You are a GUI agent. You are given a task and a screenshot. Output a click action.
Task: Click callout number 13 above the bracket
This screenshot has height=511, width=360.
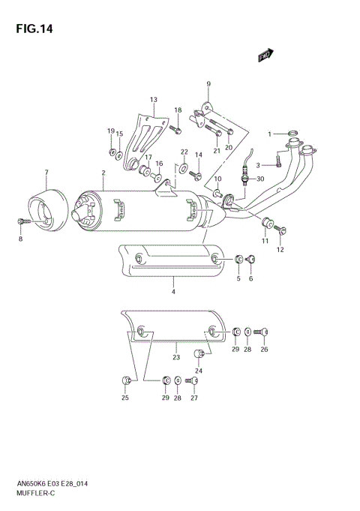click(153, 100)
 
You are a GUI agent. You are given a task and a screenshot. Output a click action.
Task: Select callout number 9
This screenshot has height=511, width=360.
click(208, 83)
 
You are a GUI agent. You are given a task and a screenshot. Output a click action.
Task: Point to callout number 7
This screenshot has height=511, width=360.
click(46, 173)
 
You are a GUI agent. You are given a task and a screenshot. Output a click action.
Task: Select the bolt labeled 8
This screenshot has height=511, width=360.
click(22, 222)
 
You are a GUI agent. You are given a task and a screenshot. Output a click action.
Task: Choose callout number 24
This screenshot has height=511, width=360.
click(199, 370)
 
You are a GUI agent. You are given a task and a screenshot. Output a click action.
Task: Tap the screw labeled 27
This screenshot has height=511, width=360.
click(193, 382)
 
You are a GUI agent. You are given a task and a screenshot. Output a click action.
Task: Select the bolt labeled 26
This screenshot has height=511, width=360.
click(262, 331)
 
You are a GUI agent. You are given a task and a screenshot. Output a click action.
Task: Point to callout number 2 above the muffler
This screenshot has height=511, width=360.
click(103, 173)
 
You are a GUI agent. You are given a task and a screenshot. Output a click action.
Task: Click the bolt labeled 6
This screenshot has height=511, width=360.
click(252, 260)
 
